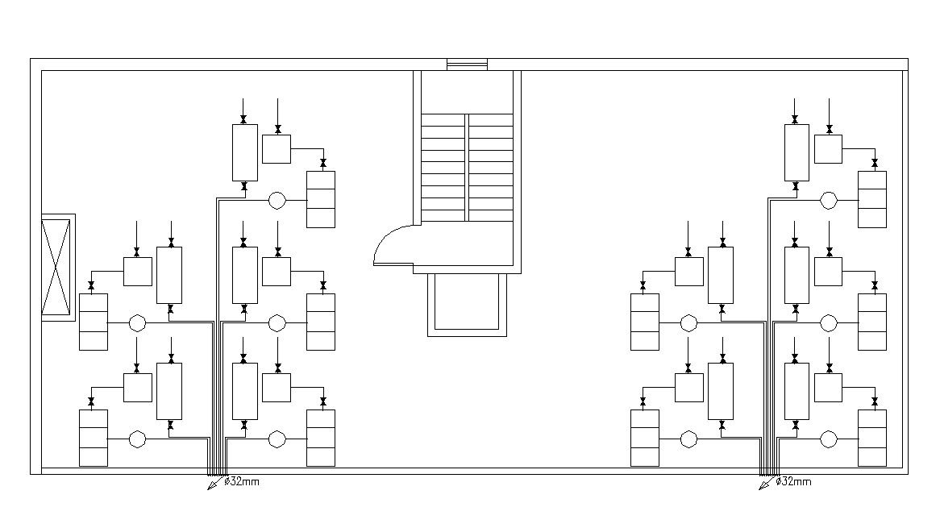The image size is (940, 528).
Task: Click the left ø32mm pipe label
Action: point(242,481)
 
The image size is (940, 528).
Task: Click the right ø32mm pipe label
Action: point(793,481)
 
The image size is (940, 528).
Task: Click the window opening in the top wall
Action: point(467,64)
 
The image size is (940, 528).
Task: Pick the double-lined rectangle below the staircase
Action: point(467,305)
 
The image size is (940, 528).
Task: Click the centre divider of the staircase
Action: point(467,168)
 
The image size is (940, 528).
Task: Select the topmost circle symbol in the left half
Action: point(277,200)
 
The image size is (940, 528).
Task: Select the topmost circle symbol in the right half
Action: point(829,200)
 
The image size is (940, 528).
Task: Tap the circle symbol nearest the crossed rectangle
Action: point(137,323)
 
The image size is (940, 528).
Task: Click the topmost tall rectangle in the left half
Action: point(245,153)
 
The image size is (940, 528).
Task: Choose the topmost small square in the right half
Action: point(829,149)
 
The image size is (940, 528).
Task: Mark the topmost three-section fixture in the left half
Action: point(321,200)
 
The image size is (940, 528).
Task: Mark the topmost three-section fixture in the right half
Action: point(872,200)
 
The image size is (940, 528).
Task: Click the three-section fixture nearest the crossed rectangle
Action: point(94,322)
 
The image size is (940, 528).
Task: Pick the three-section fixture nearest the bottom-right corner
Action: point(872,438)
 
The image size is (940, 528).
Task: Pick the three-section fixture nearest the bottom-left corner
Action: point(94,438)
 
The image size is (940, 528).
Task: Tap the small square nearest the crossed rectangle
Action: point(138,272)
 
